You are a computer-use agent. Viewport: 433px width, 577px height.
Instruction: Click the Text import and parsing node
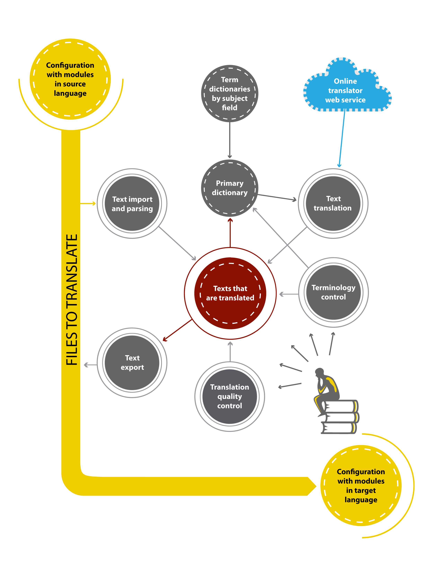click(x=132, y=204)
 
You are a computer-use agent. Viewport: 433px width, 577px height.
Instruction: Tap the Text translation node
click(x=333, y=204)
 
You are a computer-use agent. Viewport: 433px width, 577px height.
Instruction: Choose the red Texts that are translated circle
click(x=230, y=293)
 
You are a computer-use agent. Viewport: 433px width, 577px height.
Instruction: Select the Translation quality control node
click(x=230, y=396)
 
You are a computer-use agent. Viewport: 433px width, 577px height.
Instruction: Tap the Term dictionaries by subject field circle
click(x=230, y=93)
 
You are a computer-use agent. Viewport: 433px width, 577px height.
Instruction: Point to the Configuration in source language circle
click(x=70, y=79)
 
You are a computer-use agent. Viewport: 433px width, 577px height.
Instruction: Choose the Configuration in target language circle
click(x=361, y=485)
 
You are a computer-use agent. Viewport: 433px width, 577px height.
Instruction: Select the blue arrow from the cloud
click(x=342, y=138)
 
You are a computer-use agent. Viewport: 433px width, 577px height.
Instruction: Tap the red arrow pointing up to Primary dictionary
click(x=230, y=233)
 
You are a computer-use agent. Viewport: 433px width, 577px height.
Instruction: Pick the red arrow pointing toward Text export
click(x=178, y=330)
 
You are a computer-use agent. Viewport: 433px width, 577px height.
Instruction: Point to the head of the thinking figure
click(x=319, y=372)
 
